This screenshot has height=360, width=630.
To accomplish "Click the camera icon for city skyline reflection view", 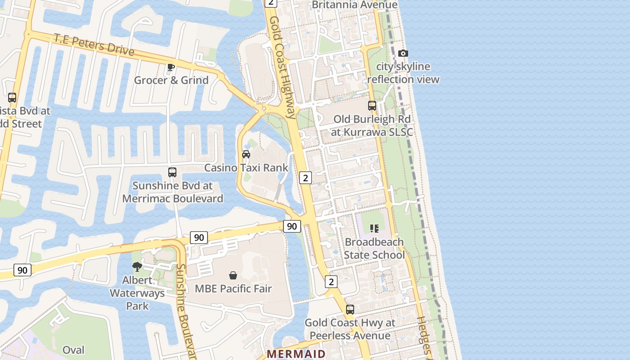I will click(403, 54).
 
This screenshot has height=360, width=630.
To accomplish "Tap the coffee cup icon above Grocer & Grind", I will click(171, 67).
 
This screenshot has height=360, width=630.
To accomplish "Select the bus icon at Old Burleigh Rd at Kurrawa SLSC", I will click(372, 106).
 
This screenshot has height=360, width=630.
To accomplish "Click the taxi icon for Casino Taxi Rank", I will click(246, 154).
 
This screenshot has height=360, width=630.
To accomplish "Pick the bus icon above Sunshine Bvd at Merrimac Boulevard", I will click(172, 172).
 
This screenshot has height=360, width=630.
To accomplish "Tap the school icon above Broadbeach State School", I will click(374, 229).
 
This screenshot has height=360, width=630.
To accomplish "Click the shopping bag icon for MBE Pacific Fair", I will click(233, 275).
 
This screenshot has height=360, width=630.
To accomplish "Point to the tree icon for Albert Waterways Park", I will click(137, 267).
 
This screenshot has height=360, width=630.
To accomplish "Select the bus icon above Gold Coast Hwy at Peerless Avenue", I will click(350, 310).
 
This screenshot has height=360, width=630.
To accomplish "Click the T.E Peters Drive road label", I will click(94, 44).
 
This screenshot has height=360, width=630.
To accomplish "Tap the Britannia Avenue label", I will click(355, 5).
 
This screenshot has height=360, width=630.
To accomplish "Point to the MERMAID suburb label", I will click(296, 354).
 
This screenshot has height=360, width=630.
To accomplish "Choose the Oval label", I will click(73, 350).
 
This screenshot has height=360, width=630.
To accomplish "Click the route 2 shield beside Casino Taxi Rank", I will click(306, 178).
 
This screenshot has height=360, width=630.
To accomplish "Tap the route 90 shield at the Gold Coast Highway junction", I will click(292, 226).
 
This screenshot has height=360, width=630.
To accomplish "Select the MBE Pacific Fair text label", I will click(233, 288).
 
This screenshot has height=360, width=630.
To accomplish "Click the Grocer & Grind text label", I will click(171, 80).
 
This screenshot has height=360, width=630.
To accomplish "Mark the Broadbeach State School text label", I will click(374, 248).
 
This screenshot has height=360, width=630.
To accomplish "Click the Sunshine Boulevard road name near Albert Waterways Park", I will click(185, 310).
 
